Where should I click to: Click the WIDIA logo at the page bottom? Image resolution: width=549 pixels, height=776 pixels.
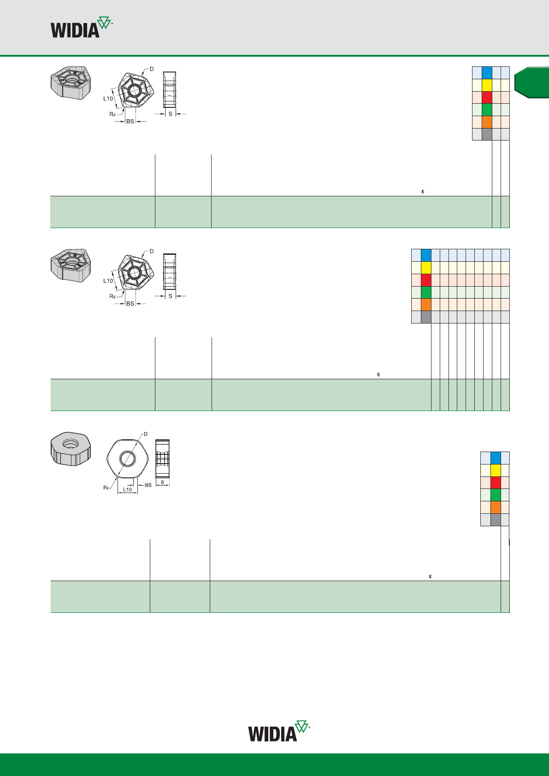(279, 732)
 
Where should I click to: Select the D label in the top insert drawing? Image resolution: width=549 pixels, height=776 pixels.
(152, 69)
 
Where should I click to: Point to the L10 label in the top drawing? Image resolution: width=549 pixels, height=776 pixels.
(108, 99)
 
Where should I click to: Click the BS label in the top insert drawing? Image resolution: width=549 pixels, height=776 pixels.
(130, 121)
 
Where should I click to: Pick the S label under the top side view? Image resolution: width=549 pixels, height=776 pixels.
(170, 114)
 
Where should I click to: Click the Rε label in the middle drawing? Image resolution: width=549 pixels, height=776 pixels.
(112, 296)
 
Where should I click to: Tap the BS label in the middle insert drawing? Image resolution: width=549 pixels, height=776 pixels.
(130, 304)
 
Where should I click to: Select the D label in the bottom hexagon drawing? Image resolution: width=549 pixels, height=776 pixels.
(146, 434)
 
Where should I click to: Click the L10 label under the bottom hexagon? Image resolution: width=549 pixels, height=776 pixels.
(128, 489)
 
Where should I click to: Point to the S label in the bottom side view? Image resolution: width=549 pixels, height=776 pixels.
(162, 482)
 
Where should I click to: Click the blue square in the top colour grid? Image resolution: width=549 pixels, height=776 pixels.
(487, 73)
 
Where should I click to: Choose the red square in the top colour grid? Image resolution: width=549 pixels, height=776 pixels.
(487, 97)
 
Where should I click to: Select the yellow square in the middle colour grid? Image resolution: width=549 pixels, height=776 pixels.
(426, 268)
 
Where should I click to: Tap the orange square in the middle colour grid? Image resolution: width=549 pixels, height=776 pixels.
(426, 305)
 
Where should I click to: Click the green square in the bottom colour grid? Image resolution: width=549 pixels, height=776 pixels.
(496, 495)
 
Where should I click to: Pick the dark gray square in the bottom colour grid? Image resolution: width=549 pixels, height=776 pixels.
(496, 520)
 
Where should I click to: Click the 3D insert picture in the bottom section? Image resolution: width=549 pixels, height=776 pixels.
(71, 449)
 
